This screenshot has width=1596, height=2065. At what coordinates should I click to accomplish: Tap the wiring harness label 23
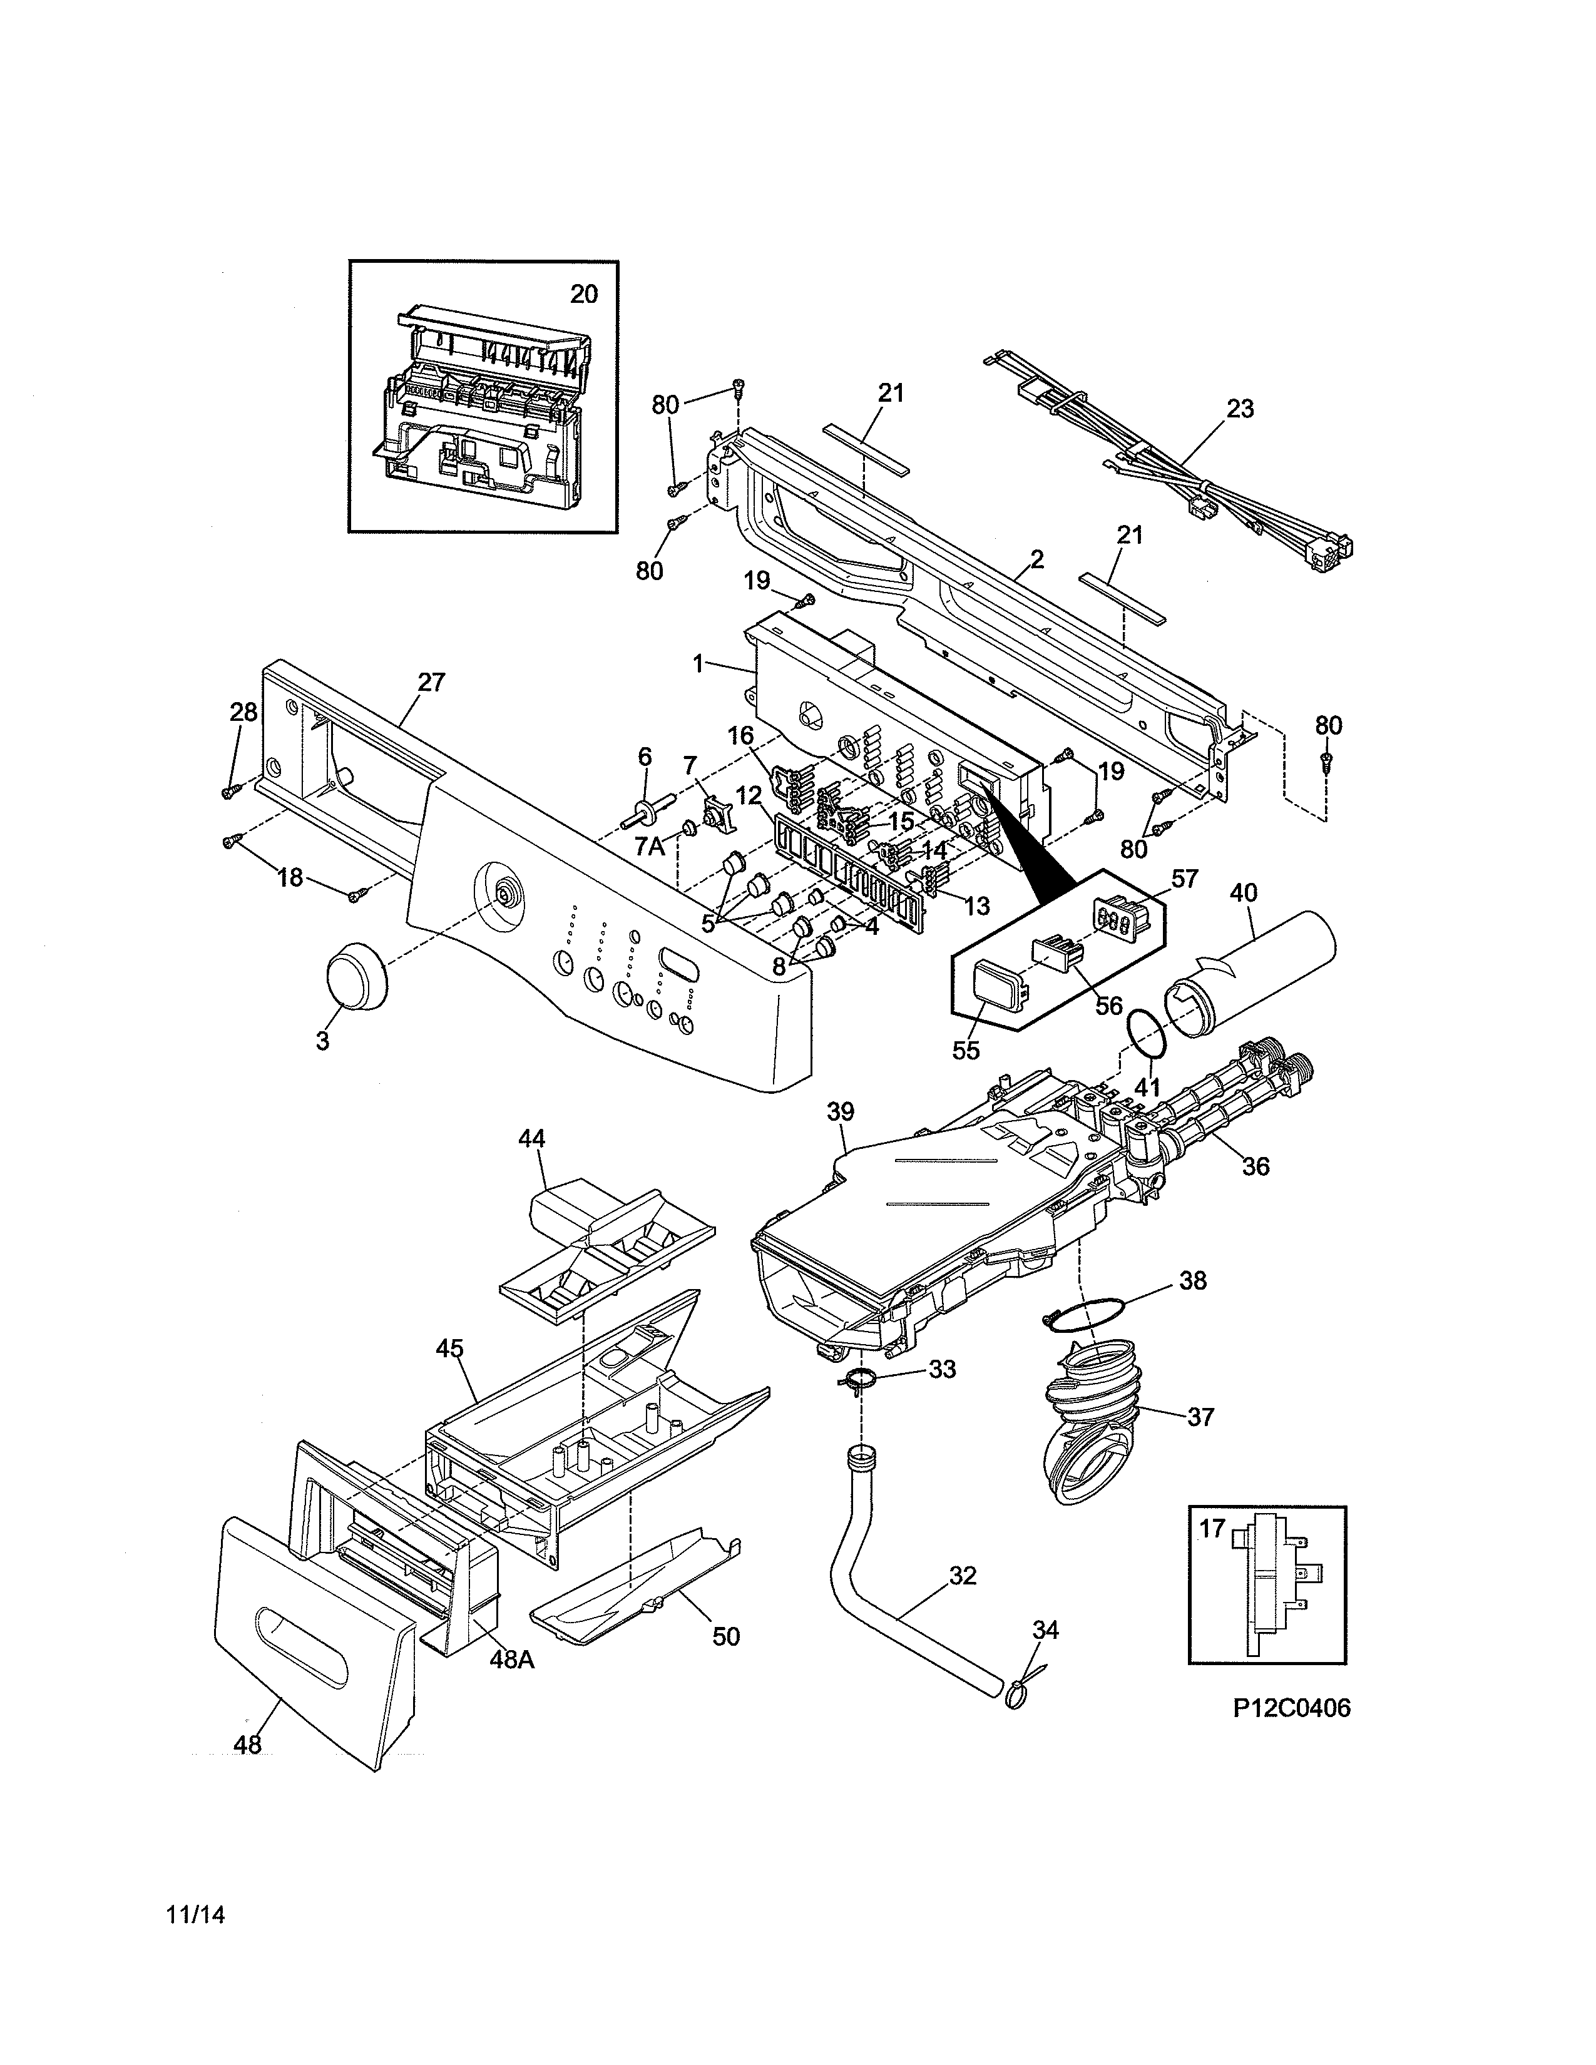tap(1239, 409)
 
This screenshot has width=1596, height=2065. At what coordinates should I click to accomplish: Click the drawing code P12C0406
tap(1292, 1708)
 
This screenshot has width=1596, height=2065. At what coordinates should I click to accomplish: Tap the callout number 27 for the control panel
tap(431, 681)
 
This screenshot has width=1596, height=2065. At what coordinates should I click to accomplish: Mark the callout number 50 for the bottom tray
tap(725, 1634)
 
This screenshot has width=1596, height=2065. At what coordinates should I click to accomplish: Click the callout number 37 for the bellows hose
tap(1199, 1443)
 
